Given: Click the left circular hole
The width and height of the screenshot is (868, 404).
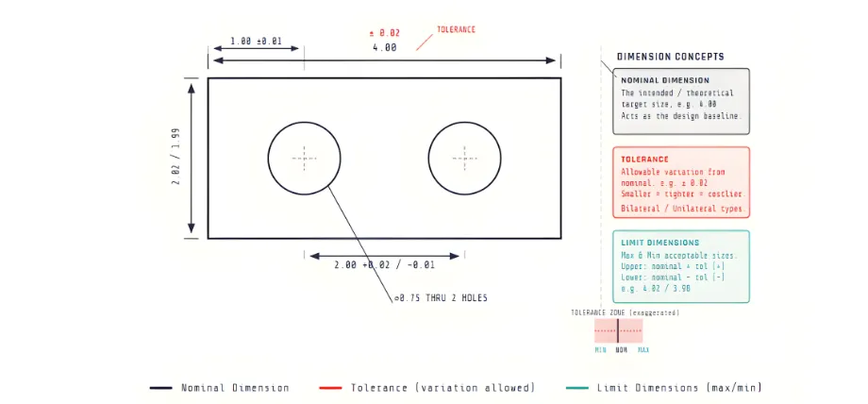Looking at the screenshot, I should [x=304, y=158].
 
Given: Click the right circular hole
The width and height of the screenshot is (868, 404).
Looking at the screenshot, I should [x=463, y=158].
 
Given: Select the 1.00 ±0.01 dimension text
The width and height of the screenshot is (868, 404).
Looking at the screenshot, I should [x=256, y=42].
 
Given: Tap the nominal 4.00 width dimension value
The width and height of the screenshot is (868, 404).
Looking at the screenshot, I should [x=384, y=47].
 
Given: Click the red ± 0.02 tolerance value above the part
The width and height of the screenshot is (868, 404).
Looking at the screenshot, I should [x=383, y=32].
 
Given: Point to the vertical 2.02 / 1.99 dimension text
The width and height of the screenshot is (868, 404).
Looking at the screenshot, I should [x=175, y=159].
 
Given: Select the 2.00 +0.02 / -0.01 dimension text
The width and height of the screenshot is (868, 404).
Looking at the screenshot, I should [x=384, y=265].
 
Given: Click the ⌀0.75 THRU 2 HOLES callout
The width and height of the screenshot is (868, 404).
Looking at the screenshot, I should [x=441, y=298].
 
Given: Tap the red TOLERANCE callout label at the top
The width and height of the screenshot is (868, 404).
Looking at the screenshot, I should [x=456, y=29].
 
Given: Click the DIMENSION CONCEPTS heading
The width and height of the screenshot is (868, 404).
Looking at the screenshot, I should [x=671, y=57].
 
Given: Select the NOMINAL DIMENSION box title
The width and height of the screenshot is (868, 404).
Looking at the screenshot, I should [x=665, y=80].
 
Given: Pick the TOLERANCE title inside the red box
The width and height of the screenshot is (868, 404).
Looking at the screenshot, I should [x=644, y=160].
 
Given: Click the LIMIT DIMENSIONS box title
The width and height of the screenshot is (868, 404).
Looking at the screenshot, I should [x=661, y=243].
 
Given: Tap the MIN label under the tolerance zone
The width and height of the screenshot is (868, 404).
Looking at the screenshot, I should [x=600, y=350].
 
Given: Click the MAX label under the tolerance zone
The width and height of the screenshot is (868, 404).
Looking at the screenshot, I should [x=643, y=350].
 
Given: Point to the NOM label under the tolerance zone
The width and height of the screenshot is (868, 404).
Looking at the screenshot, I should [x=621, y=350].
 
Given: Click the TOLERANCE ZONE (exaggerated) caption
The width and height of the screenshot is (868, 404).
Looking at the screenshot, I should [x=625, y=312].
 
